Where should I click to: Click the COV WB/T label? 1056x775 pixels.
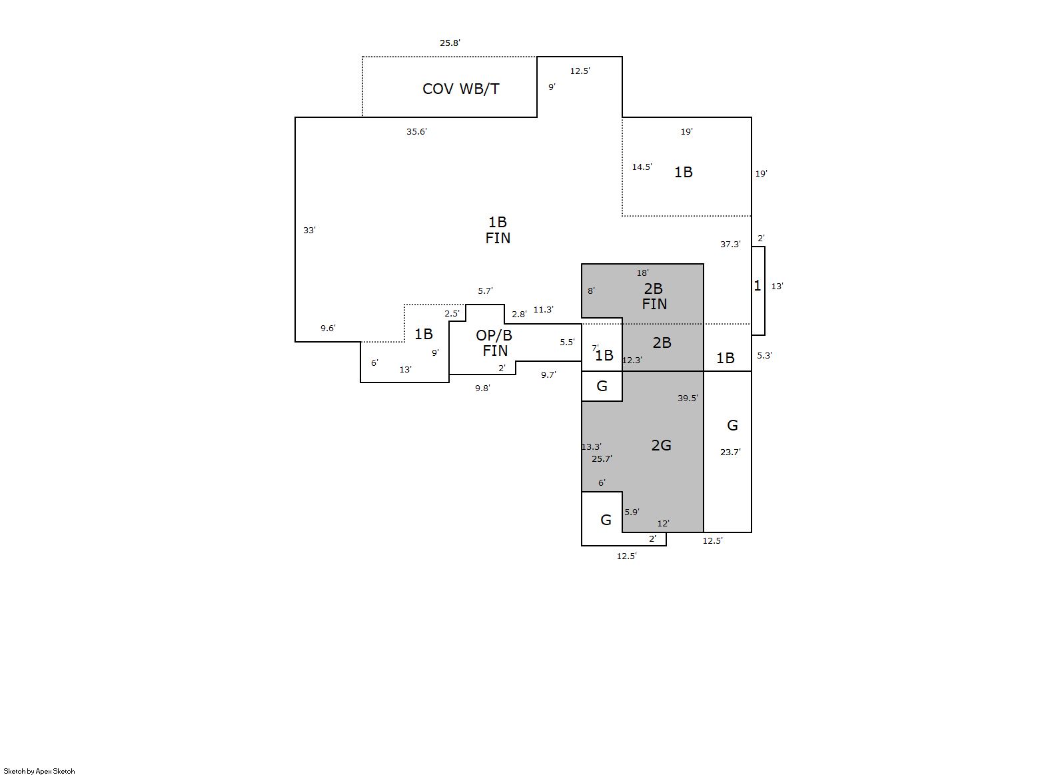tap(460, 89)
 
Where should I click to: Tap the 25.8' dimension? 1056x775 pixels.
tap(450, 43)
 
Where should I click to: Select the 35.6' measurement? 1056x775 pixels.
tap(416, 131)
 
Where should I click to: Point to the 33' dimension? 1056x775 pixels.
tap(309, 230)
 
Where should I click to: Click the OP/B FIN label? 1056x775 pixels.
tap(494, 343)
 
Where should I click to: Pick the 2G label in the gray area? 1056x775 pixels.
tap(661, 445)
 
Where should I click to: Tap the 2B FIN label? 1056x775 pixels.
tap(654, 296)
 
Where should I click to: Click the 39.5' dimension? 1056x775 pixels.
tap(688, 398)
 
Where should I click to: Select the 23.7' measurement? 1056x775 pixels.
tap(730, 452)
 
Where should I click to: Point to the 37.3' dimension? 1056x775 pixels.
tap(730, 244)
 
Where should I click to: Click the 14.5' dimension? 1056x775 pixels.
tap(642, 167)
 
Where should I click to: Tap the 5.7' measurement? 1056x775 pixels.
tap(485, 291)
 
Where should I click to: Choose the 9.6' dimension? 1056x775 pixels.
tap(328, 328)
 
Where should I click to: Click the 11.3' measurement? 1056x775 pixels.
tap(543, 310)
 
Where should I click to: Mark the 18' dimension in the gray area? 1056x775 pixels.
tap(642, 273)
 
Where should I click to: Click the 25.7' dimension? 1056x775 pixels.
tap(602, 458)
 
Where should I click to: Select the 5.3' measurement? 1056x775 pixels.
tap(764, 355)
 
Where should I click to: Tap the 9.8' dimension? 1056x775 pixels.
tap(482, 388)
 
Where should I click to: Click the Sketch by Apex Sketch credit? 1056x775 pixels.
tap(39, 771)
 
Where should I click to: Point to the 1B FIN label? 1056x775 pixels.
tap(498, 230)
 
